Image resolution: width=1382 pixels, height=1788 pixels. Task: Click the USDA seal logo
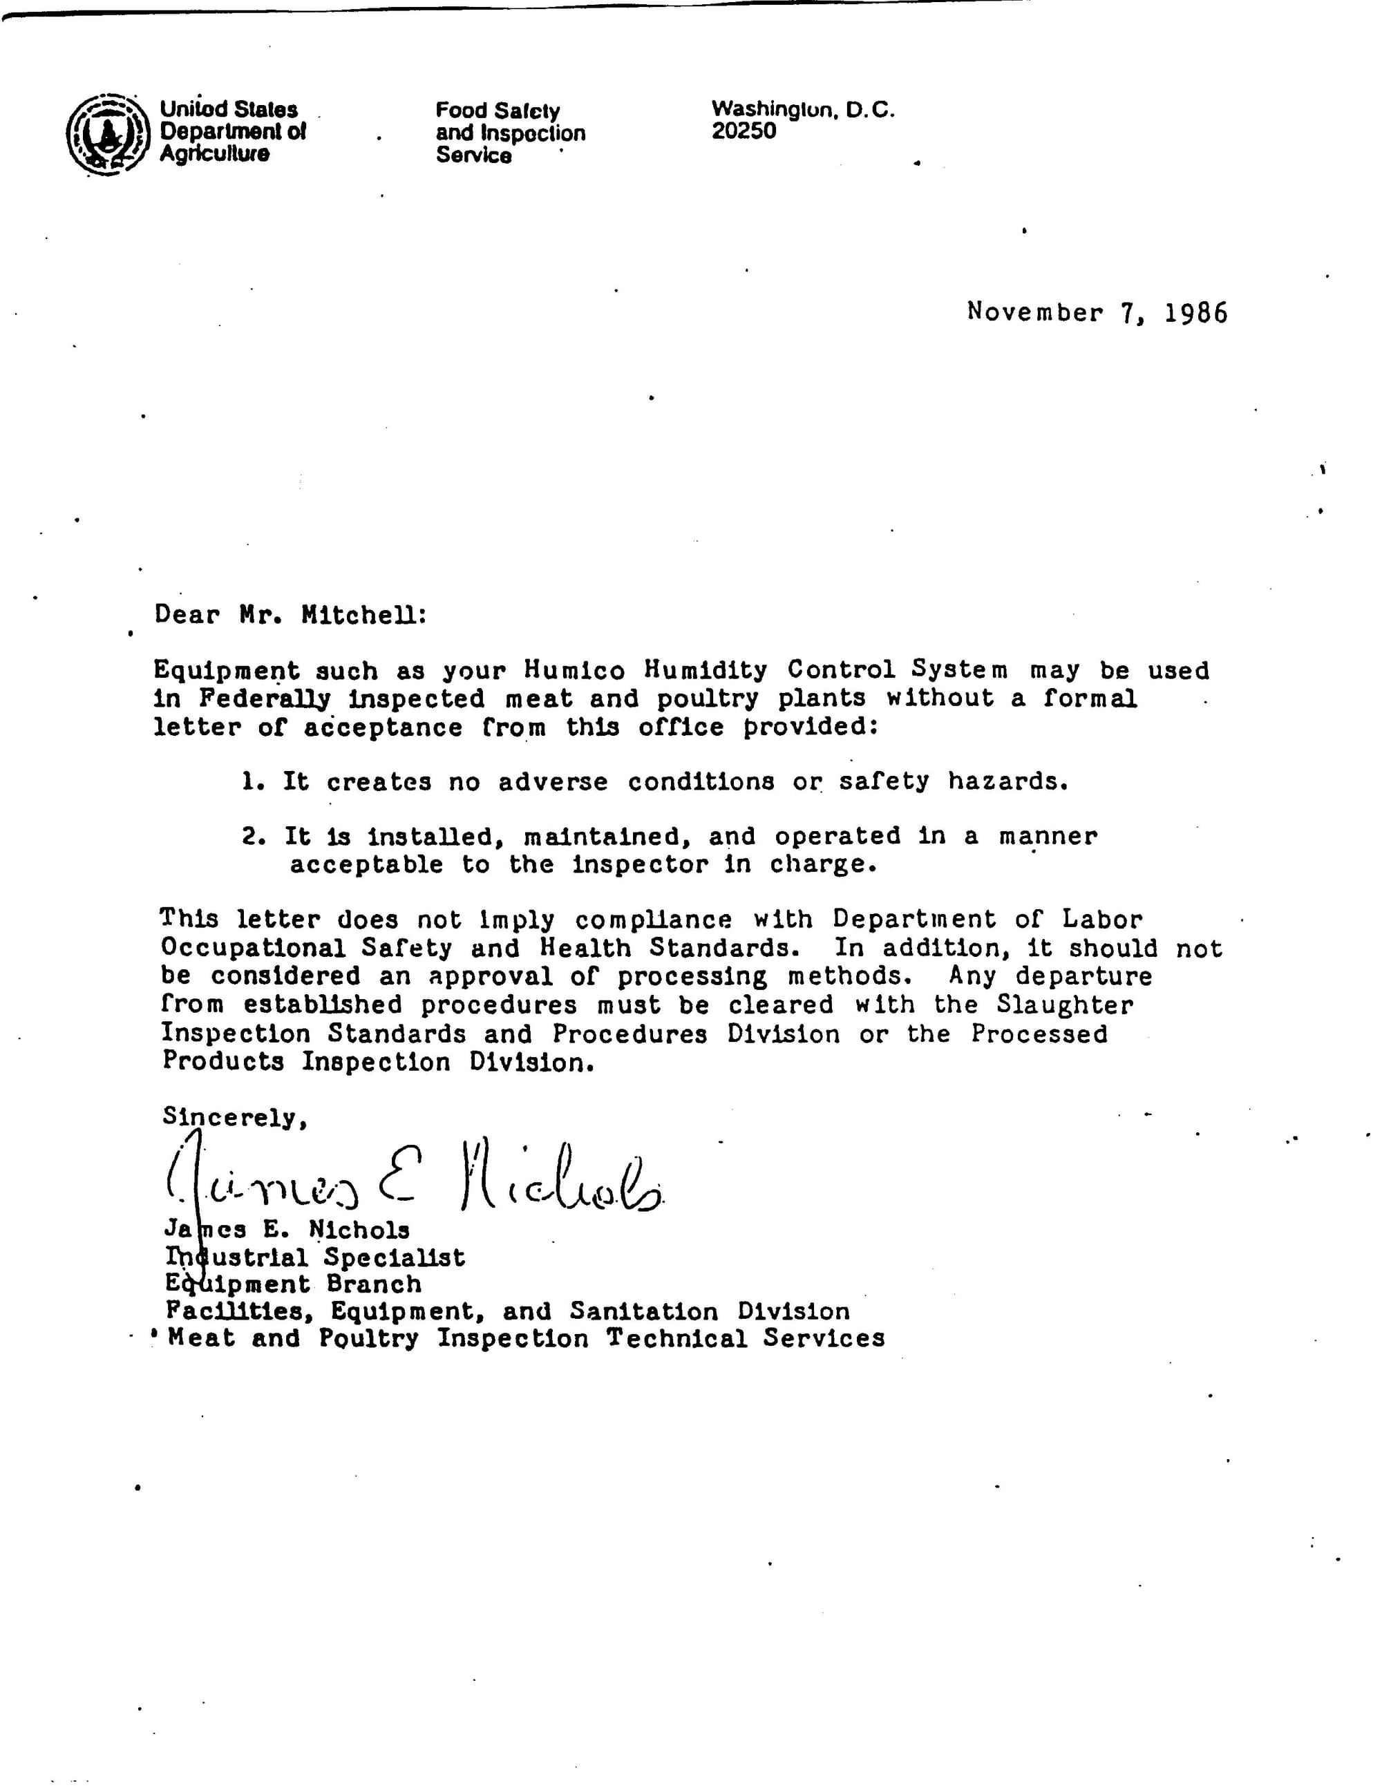click(x=108, y=134)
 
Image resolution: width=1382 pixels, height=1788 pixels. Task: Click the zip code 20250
click(x=744, y=131)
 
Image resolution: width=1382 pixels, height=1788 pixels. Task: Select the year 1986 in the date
click(x=1195, y=313)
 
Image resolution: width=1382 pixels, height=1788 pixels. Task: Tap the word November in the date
click(x=1034, y=312)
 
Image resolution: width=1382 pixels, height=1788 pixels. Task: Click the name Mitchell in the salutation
click(x=363, y=615)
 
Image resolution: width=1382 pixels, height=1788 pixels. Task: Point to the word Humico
click(x=575, y=670)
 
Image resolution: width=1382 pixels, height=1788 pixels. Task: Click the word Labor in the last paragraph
click(x=1101, y=920)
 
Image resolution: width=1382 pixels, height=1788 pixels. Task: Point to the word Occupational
click(x=253, y=948)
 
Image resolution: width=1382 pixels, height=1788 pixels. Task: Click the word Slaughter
click(x=1064, y=1005)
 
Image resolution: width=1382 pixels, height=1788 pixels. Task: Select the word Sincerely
click(x=234, y=1116)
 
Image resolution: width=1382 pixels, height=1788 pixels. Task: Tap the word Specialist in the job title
click(x=394, y=1257)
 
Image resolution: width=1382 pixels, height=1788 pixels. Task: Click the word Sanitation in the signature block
click(x=643, y=1311)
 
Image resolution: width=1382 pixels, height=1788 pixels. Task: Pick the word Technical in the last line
click(x=676, y=1338)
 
